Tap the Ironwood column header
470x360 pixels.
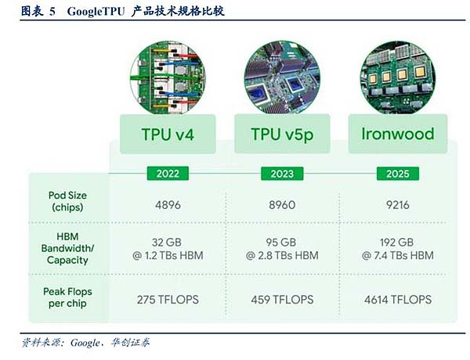[x=397, y=134]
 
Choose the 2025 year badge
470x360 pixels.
[x=397, y=172]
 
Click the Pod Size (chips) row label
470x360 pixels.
[x=67, y=200]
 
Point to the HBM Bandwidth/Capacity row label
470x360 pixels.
[x=67, y=248]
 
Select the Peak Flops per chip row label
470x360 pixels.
[x=67, y=297]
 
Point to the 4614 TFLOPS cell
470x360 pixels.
[x=397, y=298]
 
